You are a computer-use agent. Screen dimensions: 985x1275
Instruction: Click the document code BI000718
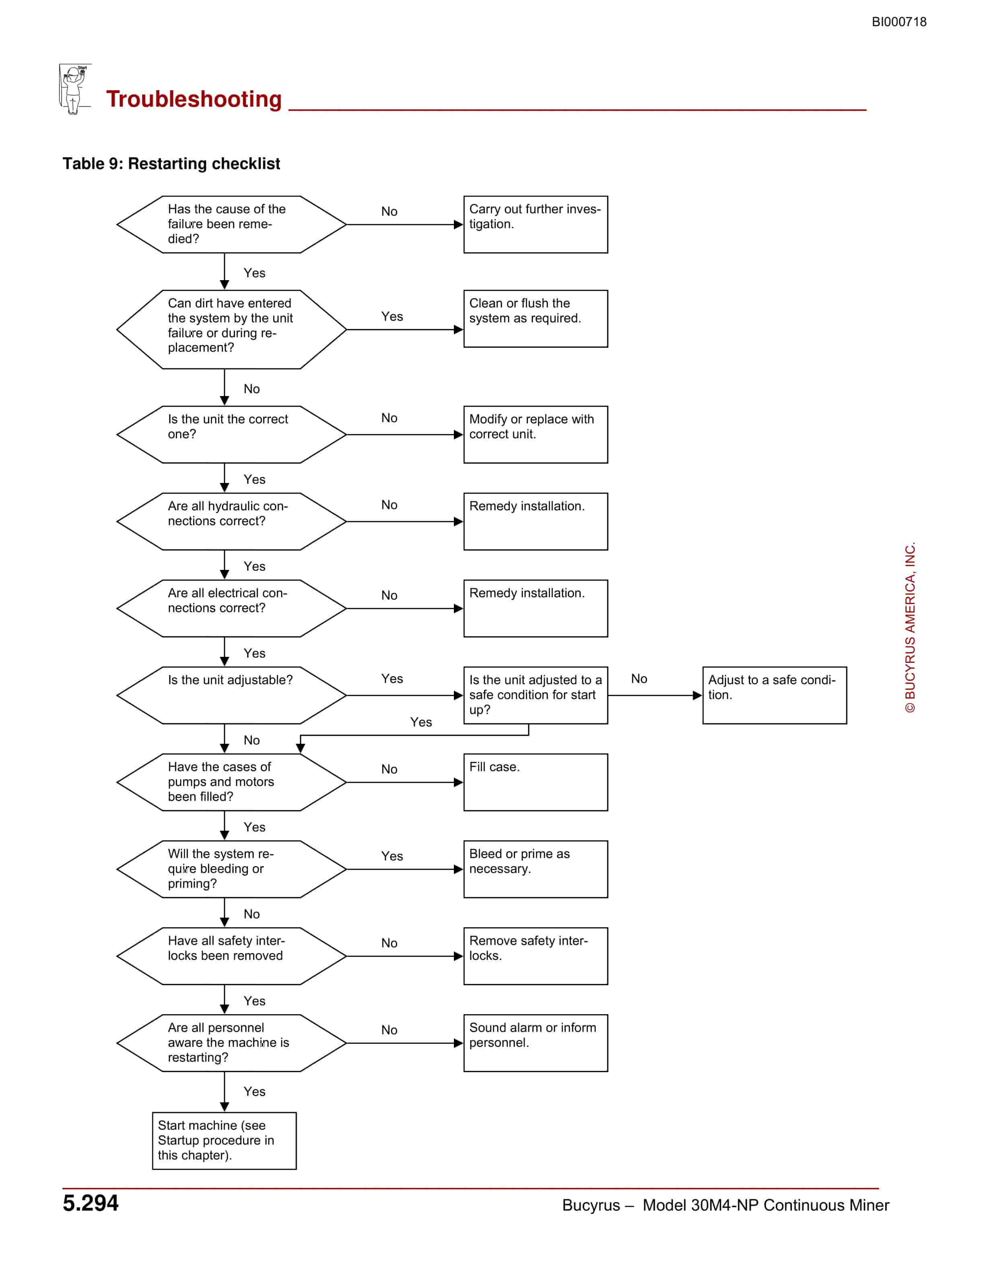898,22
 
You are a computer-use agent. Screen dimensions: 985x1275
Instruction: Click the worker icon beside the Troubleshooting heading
75,89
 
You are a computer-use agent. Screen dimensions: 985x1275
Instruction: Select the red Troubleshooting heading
194,99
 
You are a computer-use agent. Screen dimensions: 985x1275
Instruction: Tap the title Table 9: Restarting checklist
171,163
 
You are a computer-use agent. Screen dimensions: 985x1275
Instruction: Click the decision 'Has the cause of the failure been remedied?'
232,224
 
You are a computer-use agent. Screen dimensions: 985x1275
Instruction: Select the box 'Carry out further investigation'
536,224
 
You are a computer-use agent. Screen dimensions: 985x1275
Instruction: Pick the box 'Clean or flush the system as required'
536,319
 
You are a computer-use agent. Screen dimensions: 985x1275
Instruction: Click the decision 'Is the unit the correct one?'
232,434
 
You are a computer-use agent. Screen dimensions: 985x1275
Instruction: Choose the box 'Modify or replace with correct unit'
536,434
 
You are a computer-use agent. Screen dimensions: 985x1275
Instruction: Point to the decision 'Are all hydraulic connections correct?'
232,521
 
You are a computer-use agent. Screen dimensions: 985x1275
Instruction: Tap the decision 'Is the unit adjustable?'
232,695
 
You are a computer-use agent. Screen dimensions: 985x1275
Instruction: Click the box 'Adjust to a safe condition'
774,695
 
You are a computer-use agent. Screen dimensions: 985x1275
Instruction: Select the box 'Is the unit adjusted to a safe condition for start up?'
536,695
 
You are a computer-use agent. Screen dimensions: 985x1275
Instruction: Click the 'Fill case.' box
536,782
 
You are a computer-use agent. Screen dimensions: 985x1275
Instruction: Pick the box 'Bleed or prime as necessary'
536,869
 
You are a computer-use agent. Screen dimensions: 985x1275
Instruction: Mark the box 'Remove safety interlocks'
536,956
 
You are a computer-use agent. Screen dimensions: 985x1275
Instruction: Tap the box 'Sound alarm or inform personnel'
536,1043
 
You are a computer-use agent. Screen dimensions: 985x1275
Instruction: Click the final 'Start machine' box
224,1141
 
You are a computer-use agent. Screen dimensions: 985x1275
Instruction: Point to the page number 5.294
91,1203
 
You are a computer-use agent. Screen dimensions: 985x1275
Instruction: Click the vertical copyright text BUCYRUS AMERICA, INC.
910,627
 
